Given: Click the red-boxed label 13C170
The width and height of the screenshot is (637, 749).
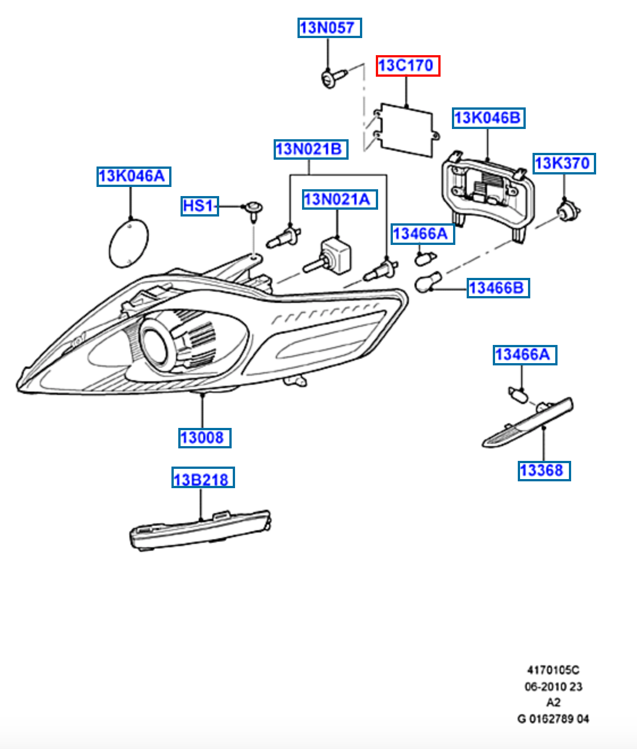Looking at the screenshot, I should click(408, 65).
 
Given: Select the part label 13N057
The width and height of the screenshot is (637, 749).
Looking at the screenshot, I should click(329, 27).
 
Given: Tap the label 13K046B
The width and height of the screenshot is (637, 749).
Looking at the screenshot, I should click(488, 118).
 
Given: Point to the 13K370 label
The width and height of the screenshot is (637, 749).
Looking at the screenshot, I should click(564, 163).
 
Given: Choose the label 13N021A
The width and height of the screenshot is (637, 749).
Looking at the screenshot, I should click(340, 199).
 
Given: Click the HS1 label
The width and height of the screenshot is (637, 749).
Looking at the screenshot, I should click(199, 205).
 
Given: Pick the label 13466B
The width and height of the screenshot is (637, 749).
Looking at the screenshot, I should click(498, 288).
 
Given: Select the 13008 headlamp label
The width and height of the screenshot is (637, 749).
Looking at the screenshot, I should click(204, 438).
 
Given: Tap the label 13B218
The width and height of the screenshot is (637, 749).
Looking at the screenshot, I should click(203, 479).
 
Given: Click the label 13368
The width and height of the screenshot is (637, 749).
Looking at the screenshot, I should click(544, 471).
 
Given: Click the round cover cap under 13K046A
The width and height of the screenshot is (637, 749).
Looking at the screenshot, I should click(128, 243).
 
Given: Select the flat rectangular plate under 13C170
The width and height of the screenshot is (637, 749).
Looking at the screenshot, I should click(406, 130).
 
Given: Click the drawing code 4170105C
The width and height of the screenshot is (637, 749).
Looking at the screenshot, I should click(553, 670).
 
